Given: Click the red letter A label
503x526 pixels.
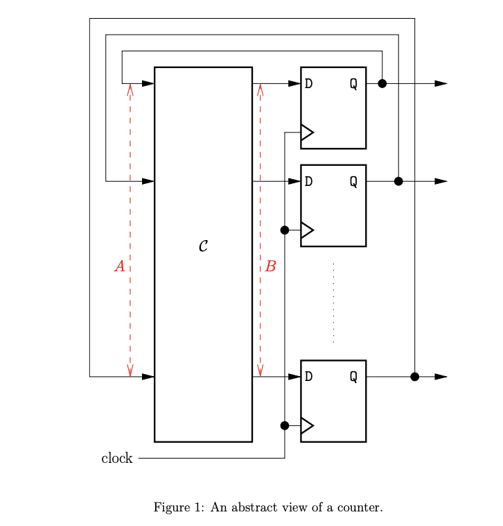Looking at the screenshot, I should click(119, 266).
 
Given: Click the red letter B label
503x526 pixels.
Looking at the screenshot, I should click(270, 266).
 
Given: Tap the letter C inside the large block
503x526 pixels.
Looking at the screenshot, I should click(203, 246).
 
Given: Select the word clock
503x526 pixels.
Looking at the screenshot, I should click(116, 459).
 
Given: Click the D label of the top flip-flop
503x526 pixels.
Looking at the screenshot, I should click(308, 84).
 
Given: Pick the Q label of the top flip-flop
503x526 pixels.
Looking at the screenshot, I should click(353, 84).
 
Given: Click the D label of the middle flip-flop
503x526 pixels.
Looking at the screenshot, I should click(308, 182).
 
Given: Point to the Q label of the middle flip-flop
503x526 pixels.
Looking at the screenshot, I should click(353, 182).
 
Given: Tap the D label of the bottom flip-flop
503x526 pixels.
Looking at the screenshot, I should click(308, 377).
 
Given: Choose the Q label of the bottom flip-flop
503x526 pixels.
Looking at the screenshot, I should click(353, 377).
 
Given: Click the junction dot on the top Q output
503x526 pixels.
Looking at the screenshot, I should click(382, 83).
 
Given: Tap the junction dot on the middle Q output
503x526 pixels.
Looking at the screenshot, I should click(398, 181).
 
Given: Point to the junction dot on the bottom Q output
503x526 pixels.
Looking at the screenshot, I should click(414, 377).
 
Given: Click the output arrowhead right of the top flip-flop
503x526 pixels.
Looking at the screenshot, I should click(441, 83).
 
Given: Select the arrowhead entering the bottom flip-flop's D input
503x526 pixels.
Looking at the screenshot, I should click(294, 377).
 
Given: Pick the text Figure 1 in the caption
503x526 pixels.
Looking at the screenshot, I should click(177, 508).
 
